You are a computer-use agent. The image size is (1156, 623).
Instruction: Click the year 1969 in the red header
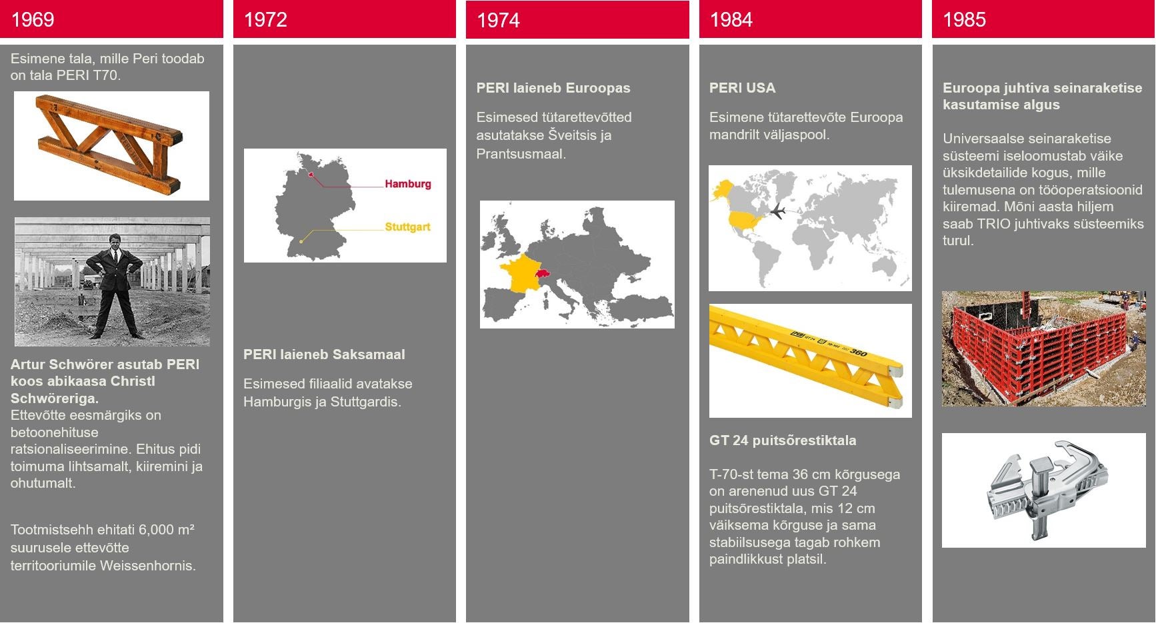[33, 19]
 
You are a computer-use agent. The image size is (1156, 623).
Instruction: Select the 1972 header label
[265, 19]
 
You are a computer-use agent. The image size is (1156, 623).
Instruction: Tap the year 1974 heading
[498, 20]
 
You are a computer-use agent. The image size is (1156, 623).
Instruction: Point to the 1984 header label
[731, 19]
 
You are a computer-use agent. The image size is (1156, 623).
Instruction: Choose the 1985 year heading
[964, 19]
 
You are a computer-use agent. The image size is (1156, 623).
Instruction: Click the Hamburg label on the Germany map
[408, 184]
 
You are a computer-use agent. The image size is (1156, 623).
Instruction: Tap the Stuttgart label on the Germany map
[408, 227]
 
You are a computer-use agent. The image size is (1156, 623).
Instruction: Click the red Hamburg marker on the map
[311, 174]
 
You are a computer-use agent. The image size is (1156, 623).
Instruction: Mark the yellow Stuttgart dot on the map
[301, 241]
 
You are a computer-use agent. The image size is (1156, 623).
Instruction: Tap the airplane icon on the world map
[777, 211]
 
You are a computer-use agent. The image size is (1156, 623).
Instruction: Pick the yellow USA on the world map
[745, 220]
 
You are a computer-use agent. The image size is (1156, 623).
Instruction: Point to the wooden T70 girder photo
[111, 146]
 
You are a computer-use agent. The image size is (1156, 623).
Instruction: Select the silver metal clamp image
[1043, 490]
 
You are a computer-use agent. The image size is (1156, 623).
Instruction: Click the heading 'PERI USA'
[742, 88]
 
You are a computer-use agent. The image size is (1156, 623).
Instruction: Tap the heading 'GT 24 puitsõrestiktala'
[783, 440]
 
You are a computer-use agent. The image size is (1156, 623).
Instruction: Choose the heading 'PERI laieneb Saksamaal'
[324, 354]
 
